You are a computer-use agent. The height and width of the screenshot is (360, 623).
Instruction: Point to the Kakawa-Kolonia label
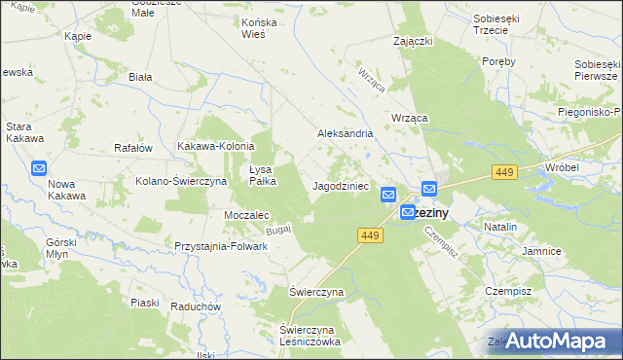(215, 147)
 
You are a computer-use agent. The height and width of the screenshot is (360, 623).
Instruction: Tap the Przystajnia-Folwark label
(221, 247)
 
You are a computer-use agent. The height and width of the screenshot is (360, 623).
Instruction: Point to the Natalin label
(499, 226)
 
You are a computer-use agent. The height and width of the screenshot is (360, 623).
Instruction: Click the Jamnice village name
(541, 251)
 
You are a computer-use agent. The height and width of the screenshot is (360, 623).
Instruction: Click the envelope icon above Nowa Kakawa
(39, 168)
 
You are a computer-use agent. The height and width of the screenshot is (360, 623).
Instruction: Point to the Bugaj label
(278, 229)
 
